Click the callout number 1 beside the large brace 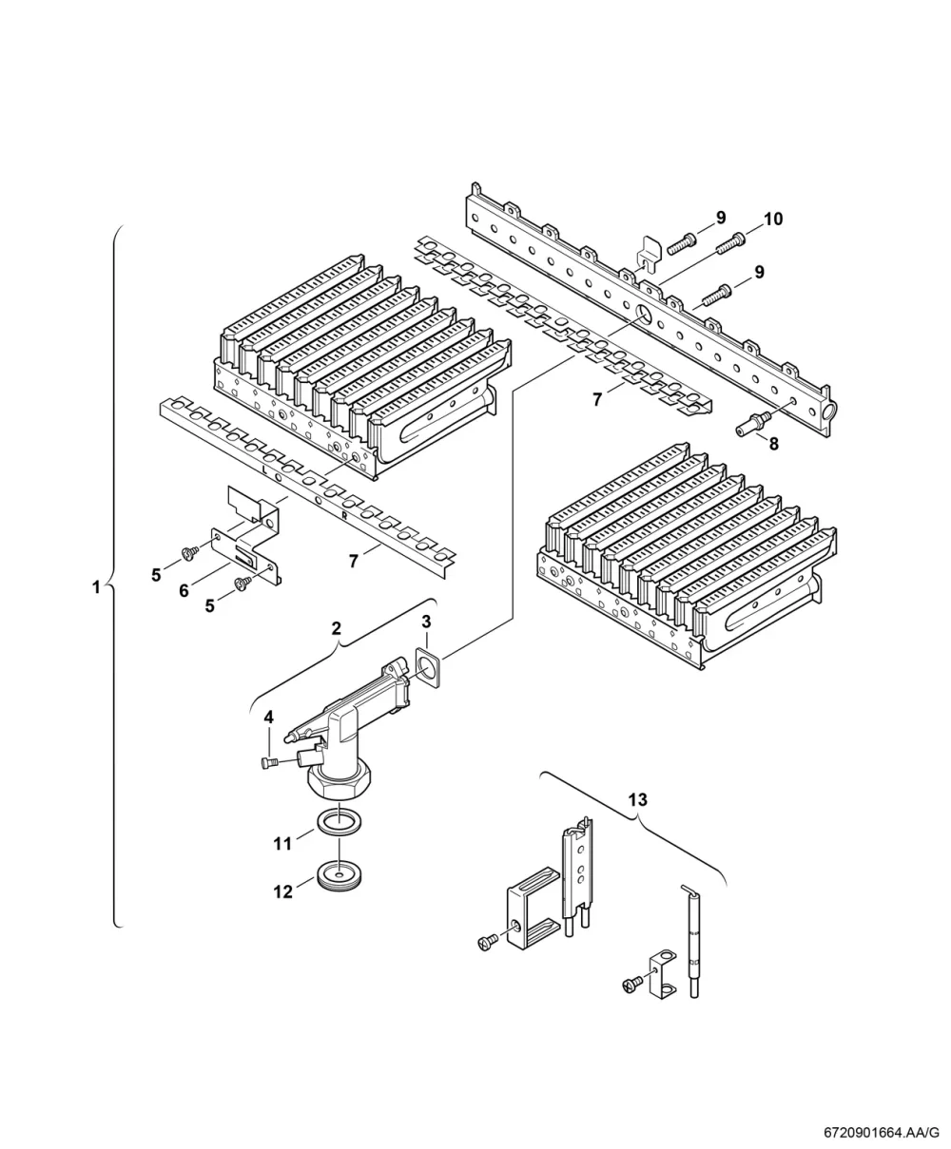96,587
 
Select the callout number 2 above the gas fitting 337,628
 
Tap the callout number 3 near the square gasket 426,622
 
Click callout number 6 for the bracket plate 184,591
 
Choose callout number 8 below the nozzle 774,444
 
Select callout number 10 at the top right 773,219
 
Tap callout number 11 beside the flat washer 282,843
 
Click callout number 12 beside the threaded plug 283,891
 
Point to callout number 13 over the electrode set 638,799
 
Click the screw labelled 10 730,243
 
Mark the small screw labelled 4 270,762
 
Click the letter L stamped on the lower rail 264,470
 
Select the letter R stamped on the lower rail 344,516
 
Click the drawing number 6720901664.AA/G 881,1133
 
